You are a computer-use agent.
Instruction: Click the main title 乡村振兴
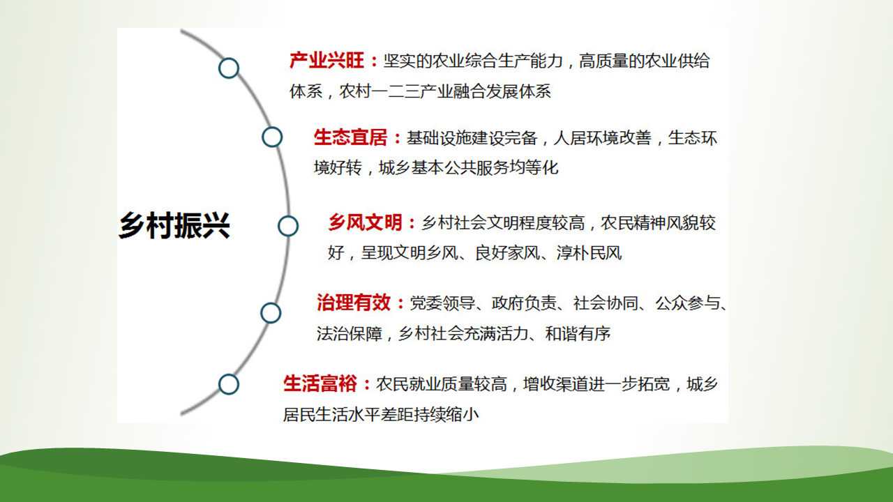[174, 225]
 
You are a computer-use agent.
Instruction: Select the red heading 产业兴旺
[327, 61]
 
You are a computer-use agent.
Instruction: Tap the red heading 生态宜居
[350, 137]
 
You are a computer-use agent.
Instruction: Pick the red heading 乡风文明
[365, 222]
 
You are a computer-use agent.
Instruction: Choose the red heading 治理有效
[354, 303]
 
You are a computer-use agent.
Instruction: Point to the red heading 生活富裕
[320, 383]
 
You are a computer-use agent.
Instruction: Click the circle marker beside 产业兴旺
[229, 68]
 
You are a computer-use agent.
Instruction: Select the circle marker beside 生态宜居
[272, 137]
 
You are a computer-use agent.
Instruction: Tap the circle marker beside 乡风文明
[288, 227]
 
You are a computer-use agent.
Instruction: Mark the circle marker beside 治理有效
[271, 313]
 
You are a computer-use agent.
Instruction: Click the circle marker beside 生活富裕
[229, 384]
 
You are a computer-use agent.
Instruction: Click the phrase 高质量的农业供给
[644, 61]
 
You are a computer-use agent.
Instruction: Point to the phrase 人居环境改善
[602, 138]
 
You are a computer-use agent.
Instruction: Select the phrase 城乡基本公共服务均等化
[468, 168]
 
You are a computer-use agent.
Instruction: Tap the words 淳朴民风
[590, 253]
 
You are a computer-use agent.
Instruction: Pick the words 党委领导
[442, 303]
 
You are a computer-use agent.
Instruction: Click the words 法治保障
[350, 334]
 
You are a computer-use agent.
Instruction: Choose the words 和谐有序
[578, 334]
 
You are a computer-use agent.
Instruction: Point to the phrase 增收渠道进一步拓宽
[596, 384]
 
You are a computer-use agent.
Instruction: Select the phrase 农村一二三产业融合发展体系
[445, 91]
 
